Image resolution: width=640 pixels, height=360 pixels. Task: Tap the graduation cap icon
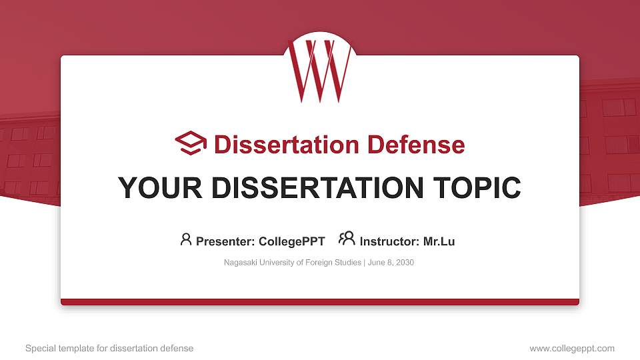191,143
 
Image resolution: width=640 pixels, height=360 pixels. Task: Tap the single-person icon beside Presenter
186,239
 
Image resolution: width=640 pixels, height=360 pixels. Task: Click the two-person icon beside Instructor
347,239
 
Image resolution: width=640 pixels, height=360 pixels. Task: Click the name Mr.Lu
439,241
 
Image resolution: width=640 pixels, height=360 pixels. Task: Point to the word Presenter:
223,241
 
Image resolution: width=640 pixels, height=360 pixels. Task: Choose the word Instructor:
389,241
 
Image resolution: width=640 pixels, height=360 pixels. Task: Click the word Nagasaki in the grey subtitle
240,263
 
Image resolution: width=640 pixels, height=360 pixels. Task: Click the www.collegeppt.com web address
572,348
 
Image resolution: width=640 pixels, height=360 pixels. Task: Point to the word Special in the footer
39,348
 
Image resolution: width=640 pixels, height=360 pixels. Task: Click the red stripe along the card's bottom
320,302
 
